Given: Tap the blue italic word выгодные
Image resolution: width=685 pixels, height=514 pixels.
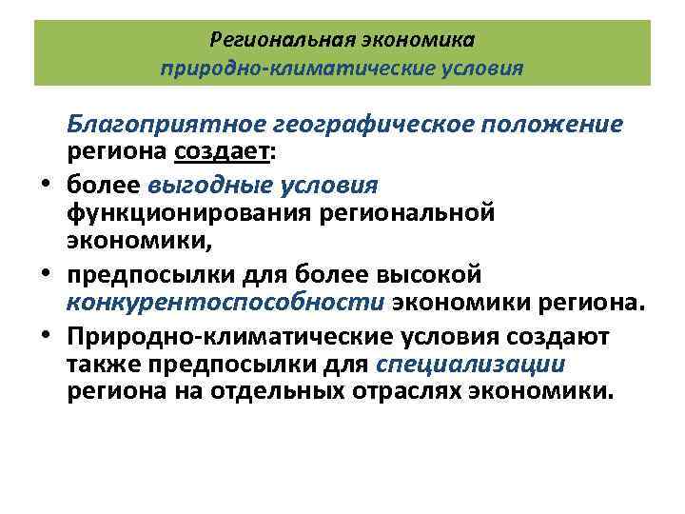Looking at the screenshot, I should (x=197, y=184).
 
